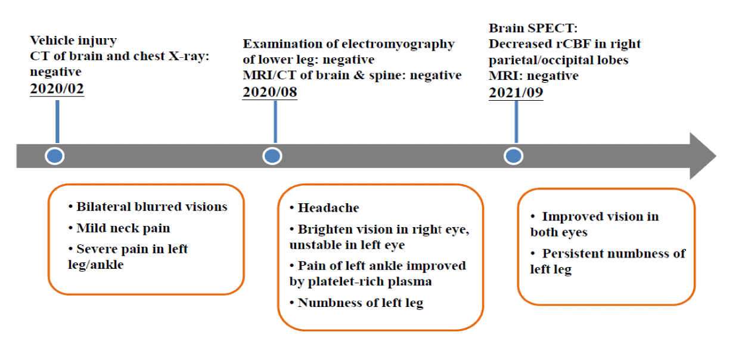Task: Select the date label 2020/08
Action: (270, 92)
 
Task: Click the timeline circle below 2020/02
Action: (55, 156)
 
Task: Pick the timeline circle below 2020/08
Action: (272, 156)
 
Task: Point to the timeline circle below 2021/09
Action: (513, 156)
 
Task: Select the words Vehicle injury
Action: (73, 41)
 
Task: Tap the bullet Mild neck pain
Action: (123, 228)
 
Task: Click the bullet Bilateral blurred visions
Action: (151, 207)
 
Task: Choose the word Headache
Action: (328, 208)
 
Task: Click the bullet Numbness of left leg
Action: (360, 303)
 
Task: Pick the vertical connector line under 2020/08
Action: (275, 122)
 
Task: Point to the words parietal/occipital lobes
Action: (558, 60)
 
